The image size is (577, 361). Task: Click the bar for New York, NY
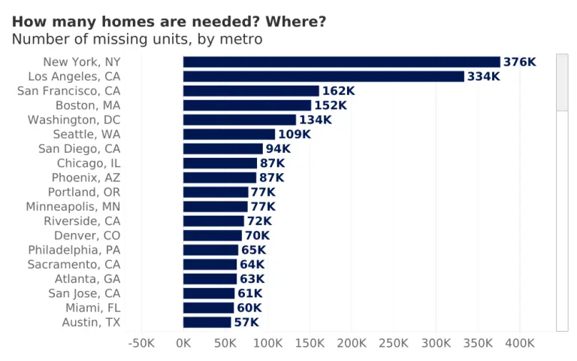[x=341, y=62]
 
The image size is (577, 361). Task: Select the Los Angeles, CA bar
[x=323, y=77]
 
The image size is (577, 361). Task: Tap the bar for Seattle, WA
[x=229, y=135]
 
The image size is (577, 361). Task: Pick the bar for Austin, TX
[x=207, y=323]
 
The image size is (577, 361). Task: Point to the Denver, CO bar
[x=212, y=235]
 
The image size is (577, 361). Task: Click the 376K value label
[x=520, y=62]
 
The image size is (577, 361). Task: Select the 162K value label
[x=338, y=91]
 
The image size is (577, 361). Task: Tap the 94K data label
[x=278, y=149]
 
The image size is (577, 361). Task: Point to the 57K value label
[x=246, y=323]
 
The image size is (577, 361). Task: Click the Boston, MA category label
[x=88, y=105]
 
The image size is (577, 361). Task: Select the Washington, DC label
[x=74, y=120]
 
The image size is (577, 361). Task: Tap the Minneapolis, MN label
[x=73, y=207]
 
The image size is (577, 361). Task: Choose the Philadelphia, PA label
[x=74, y=250]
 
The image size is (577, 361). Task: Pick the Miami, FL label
[x=92, y=308]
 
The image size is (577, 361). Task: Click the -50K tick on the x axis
[x=142, y=343]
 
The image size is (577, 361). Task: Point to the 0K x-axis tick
[x=183, y=343]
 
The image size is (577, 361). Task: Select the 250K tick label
[x=394, y=343]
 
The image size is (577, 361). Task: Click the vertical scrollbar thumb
[x=562, y=83]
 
